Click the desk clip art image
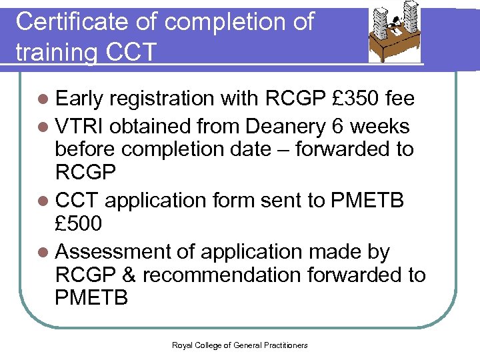[x=395, y=36]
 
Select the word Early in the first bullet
[x=79, y=99]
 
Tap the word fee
[x=400, y=99]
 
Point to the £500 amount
[x=79, y=224]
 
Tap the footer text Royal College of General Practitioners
[x=239, y=345]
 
